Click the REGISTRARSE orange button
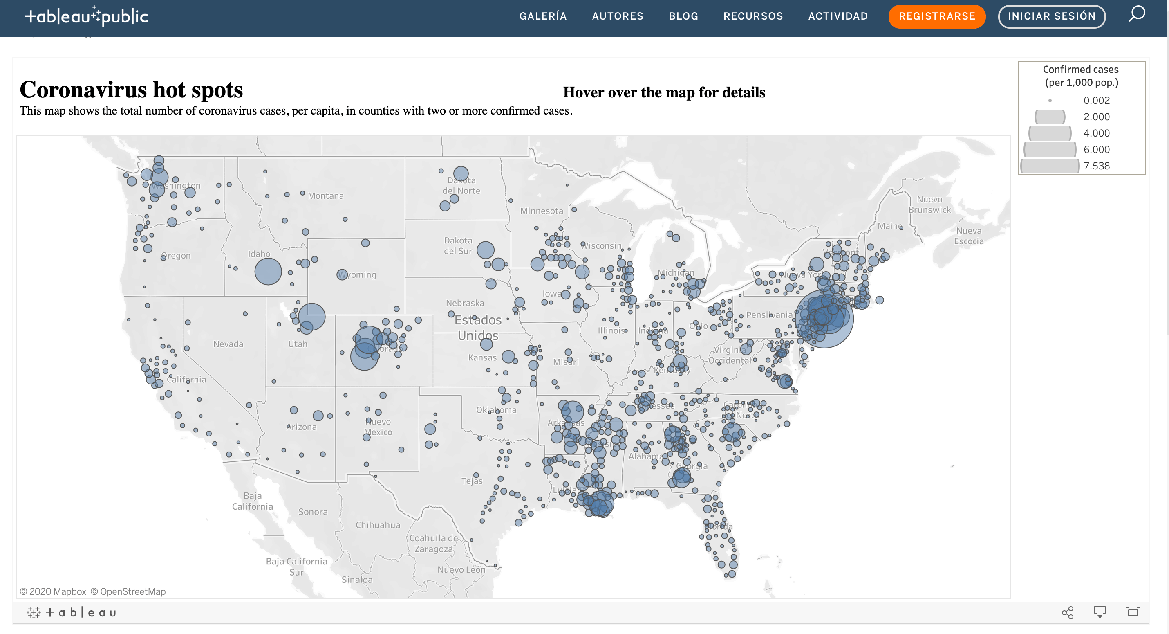point(937,16)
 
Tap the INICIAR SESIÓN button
point(1051,16)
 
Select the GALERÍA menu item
point(543,16)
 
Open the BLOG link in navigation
point(683,16)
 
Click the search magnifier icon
point(1137,14)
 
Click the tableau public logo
point(87,16)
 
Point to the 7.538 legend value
point(1096,166)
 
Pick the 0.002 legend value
point(1096,100)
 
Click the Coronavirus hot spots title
point(131,90)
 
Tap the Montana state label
point(325,196)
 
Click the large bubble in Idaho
point(268,271)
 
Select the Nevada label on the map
point(228,344)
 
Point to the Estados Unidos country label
point(477,328)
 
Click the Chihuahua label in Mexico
point(378,525)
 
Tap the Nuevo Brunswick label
point(929,205)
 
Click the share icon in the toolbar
point(1067,613)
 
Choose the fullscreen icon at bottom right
point(1133,613)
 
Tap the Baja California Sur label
point(296,567)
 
